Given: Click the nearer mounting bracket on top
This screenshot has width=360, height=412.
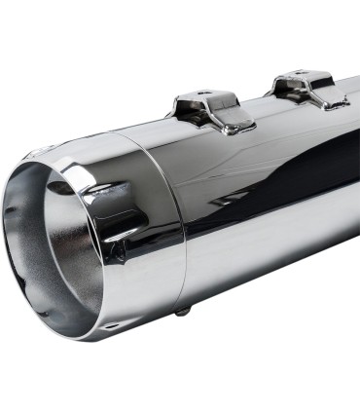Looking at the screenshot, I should coord(208,108).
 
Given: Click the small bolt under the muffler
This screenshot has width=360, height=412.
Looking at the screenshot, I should coord(181,311).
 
